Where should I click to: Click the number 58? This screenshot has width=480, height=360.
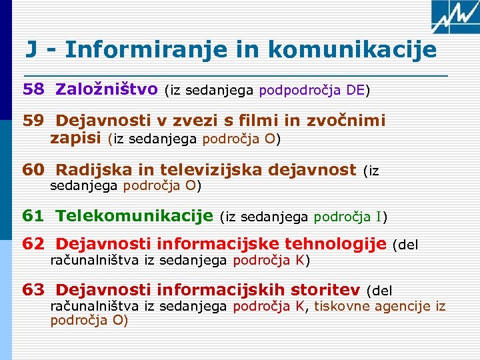pyautogui.click(x=33, y=89)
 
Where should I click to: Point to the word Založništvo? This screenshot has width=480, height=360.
pyautogui.click(x=107, y=89)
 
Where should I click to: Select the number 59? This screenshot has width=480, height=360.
pyautogui.click(x=33, y=121)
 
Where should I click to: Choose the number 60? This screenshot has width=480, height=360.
pyautogui.click(x=33, y=170)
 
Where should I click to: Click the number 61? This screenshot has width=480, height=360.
pyautogui.click(x=33, y=215)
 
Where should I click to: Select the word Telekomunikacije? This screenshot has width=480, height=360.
pyautogui.click(x=134, y=215)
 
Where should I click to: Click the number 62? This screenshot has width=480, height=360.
pyautogui.click(x=33, y=244)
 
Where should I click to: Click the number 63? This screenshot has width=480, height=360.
pyautogui.click(x=33, y=290)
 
